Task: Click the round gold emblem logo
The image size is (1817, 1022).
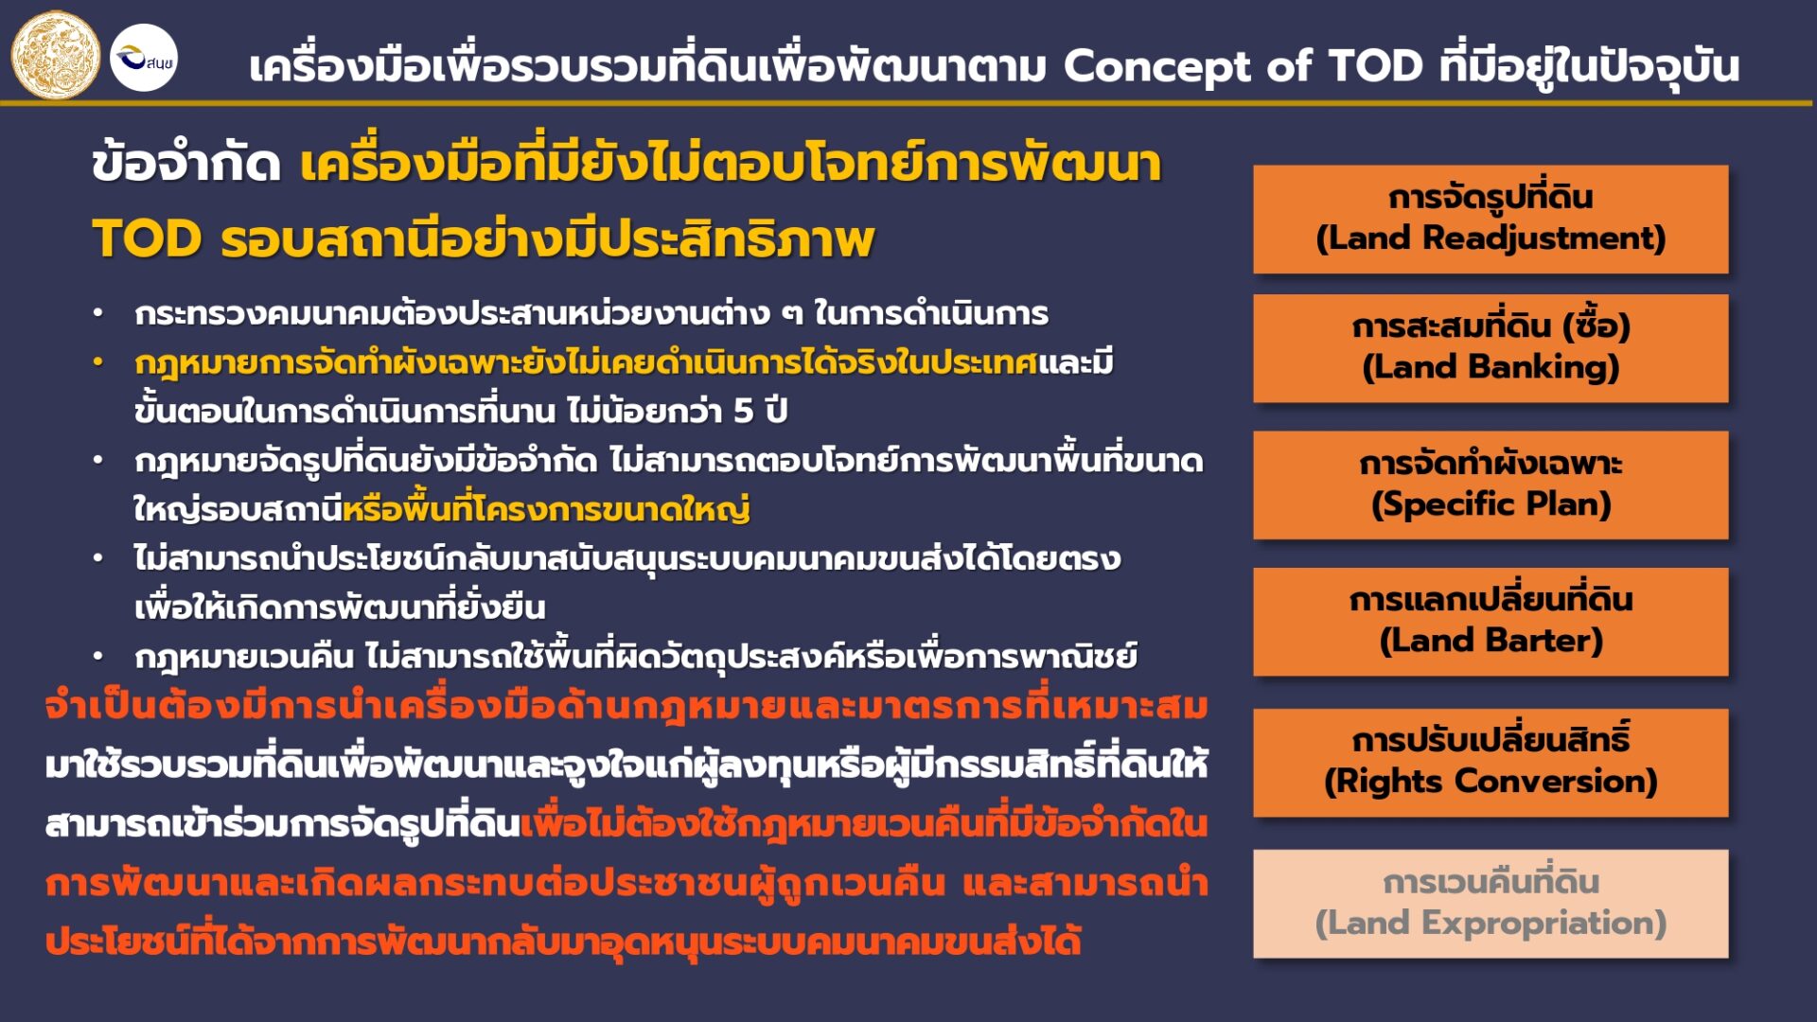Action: click(x=55, y=55)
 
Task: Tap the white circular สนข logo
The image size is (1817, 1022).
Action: click(x=144, y=58)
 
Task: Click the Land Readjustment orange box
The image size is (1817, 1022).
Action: click(x=1491, y=220)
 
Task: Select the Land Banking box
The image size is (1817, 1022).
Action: click(x=1491, y=348)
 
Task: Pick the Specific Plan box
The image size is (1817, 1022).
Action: click(x=1491, y=485)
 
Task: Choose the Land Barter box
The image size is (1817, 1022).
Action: click(x=1491, y=622)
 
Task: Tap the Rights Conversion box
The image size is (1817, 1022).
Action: click(x=1491, y=763)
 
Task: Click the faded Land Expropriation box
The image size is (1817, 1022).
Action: click(x=1491, y=904)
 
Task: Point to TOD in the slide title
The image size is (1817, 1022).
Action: click(x=1376, y=66)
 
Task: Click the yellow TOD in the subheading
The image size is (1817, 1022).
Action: click(x=147, y=238)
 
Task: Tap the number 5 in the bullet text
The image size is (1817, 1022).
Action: click(x=744, y=411)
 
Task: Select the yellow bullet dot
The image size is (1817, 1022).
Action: click(x=97, y=361)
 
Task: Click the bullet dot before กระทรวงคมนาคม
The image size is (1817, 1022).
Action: click(x=97, y=312)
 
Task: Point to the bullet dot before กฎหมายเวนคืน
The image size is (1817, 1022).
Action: click(x=97, y=655)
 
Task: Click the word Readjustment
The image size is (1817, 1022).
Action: click(x=1544, y=238)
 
